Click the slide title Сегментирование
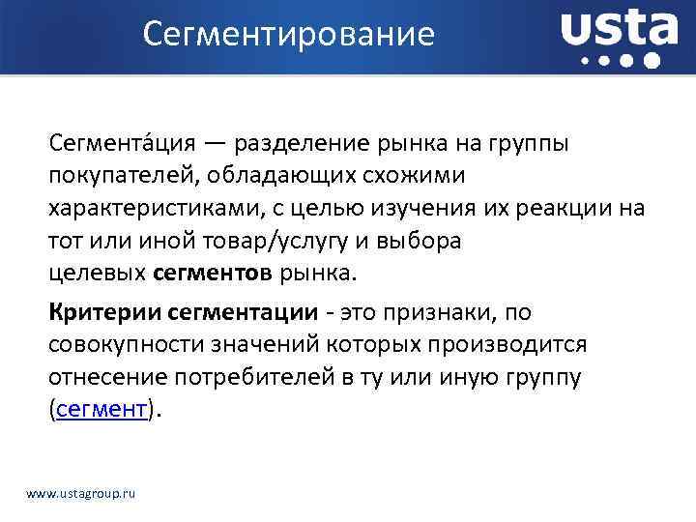(x=289, y=35)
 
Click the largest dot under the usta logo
(x=652, y=60)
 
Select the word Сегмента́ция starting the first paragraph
(x=124, y=144)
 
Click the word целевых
(x=98, y=274)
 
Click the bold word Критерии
(x=103, y=312)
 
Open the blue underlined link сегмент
(x=101, y=409)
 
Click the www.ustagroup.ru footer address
(x=81, y=493)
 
